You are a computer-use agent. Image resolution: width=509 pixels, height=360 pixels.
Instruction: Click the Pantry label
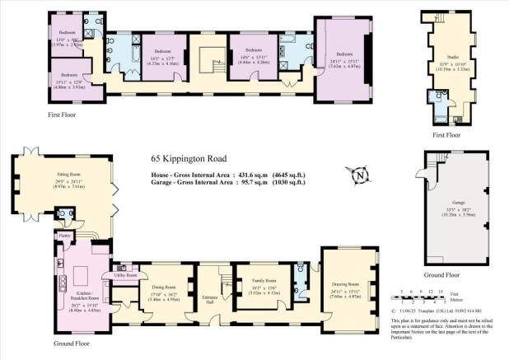64,236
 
